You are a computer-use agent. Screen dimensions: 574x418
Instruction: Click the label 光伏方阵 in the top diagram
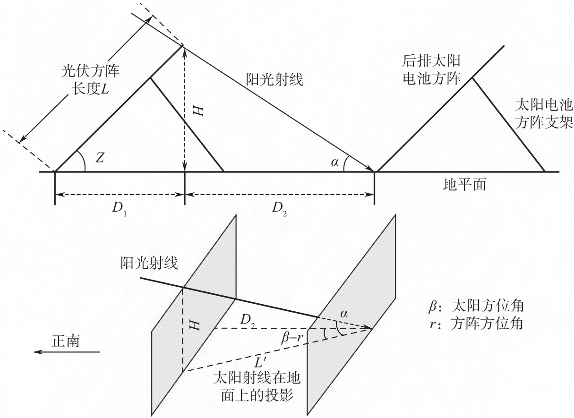tap(90, 71)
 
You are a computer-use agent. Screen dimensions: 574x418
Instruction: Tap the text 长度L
tap(90, 89)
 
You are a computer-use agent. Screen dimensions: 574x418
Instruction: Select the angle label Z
tap(100, 158)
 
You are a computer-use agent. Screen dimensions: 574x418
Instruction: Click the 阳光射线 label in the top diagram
tap(274, 79)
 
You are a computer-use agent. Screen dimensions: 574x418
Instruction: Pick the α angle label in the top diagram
tap(334, 162)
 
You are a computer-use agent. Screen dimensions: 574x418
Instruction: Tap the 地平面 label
tap(464, 184)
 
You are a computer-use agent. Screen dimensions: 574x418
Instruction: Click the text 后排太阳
tap(431, 61)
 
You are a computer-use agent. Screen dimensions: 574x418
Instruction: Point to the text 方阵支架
tap(544, 122)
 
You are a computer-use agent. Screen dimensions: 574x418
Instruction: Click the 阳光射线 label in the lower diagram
tap(149, 263)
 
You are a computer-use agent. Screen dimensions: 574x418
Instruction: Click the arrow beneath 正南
tap(66, 352)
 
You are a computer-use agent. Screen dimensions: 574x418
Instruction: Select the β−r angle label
tap(292, 338)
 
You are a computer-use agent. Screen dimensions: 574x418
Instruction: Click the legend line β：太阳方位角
tap(476, 306)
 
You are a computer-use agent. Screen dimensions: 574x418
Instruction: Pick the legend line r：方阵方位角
tap(476, 324)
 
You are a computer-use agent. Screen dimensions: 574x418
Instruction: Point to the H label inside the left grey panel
tap(195, 326)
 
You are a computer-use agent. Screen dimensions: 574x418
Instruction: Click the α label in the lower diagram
tap(344, 314)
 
